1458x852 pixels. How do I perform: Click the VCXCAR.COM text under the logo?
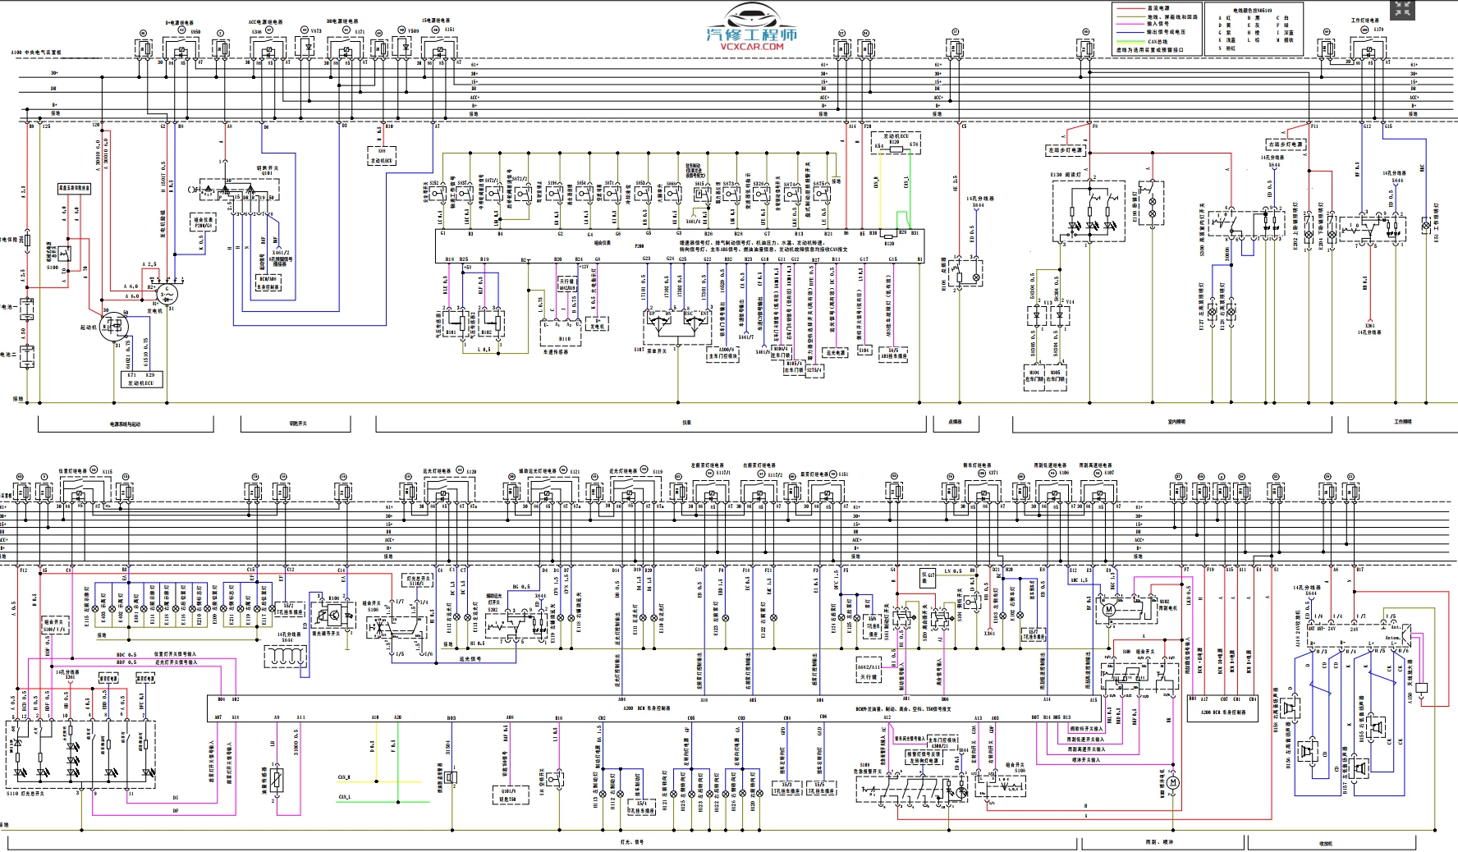point(752,47)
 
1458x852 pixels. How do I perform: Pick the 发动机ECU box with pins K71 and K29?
point(142,378)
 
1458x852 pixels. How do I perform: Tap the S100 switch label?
point(53,268)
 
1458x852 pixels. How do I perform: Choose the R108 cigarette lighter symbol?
point(974,277)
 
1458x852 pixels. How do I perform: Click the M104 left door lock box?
point(1034,376)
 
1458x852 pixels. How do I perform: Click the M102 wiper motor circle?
point(1109,609)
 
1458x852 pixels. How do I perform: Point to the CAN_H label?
point(344,776)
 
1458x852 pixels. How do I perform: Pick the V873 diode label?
point(315,31)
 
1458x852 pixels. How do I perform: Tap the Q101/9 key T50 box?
point(507,795)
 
